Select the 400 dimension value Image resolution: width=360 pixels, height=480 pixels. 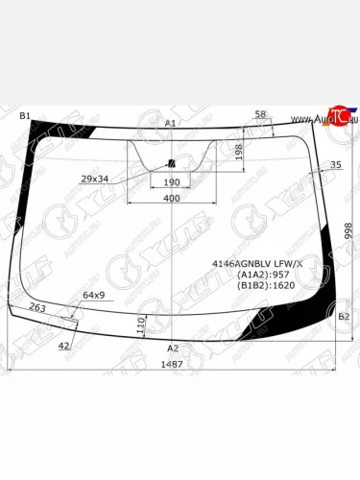coord(171,198)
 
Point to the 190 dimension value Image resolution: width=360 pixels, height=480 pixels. coord(172,182)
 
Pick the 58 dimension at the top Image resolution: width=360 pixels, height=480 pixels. coord(260,115)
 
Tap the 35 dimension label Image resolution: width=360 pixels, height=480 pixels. coord(335,165)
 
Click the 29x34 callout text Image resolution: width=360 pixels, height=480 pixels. coord(94,179)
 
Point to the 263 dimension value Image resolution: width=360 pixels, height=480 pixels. coord(36,307)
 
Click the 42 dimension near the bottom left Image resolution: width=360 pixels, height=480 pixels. coord(63,345)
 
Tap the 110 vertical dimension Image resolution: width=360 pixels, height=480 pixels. coord(141,324)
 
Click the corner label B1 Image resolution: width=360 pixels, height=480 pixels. coord(25,115)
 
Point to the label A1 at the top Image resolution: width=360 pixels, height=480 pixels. coord(171,123)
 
